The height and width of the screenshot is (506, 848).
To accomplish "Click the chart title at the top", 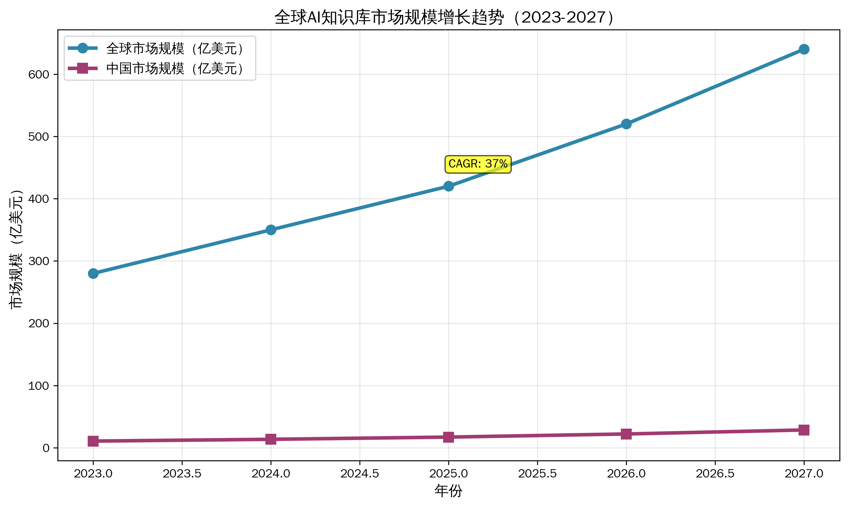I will coord(444,17).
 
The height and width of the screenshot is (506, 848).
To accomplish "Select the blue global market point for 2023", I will coord(93,273).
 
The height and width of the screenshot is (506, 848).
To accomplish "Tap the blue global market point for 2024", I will coord(271,230).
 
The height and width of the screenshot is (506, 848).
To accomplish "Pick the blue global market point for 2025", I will coord(449,186).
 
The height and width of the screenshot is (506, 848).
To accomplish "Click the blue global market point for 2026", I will coord(626,124).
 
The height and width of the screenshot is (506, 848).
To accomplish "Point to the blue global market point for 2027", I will coord(804,49).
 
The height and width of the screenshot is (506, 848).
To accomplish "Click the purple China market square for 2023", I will coord(93,441).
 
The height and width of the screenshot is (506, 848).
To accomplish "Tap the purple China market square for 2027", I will coord(804,430).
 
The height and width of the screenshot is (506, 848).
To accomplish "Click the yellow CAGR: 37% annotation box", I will coord(478,164).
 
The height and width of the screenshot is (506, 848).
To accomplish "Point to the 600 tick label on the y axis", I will coord(39,74).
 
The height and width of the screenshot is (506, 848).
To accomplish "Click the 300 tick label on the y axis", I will coord(39,261).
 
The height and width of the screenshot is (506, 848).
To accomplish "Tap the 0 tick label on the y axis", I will coord(46,448).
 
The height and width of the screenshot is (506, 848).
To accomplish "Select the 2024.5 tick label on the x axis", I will coord(360,473).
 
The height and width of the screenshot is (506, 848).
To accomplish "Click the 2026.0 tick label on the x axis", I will coord(626,473).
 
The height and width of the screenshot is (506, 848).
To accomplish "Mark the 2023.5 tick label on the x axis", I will coord(182,473).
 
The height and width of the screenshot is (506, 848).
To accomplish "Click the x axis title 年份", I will coord(448,491).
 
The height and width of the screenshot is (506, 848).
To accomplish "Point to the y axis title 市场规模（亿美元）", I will coord(16,249).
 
